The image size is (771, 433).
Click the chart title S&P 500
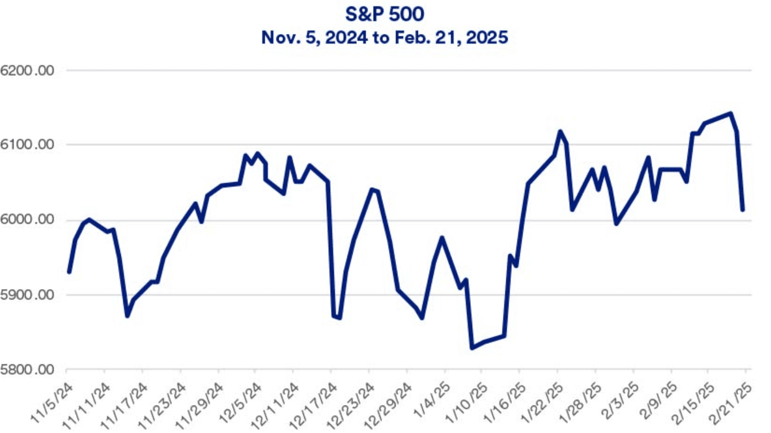tap(384, 14)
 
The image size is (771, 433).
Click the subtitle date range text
tap(384, 37)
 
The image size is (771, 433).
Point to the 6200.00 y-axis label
tap(27, 70)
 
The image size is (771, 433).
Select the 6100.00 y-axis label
tap(27, 145)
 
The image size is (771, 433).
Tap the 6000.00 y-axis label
tap(27, 219)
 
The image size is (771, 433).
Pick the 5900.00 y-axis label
tap(27, 295)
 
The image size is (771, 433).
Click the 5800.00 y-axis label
tap(27, 369)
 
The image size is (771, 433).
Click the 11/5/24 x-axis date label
tap(52, 402)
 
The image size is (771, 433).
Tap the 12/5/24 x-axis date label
tap(240, 402)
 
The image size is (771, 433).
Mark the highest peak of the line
tap(731, 113)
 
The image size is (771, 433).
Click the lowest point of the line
tap(472, 348)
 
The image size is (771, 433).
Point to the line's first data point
tap(69, 272)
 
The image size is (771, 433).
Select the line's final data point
tap(742, 209)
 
